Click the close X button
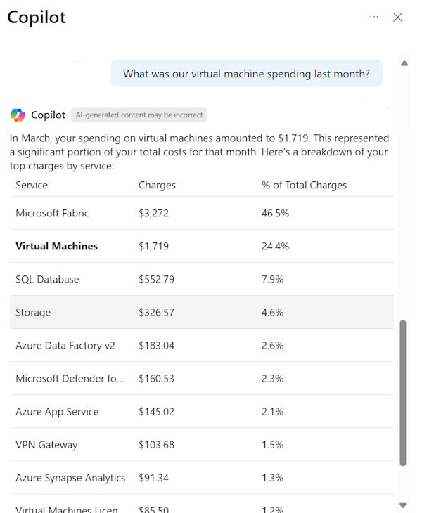[397, 18]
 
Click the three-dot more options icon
[374, 17]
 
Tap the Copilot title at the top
[37, 18]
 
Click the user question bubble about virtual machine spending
[246, 73]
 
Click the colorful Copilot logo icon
[18, 115]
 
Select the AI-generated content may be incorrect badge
[139, 115]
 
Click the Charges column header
[157, 185]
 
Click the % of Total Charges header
[304, 185]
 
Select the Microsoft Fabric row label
[52, 213]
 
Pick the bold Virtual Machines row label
[56, 246]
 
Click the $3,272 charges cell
[153, 213]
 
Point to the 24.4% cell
[275, 246]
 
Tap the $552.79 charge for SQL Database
[156, 279]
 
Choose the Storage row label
[33, 312]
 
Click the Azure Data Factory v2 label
[65, 345]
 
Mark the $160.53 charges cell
[156, 378]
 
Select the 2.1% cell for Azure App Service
[272, 411]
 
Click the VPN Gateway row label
[46, 444]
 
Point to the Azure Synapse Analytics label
[70, 477]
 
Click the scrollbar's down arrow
[403, 505]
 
